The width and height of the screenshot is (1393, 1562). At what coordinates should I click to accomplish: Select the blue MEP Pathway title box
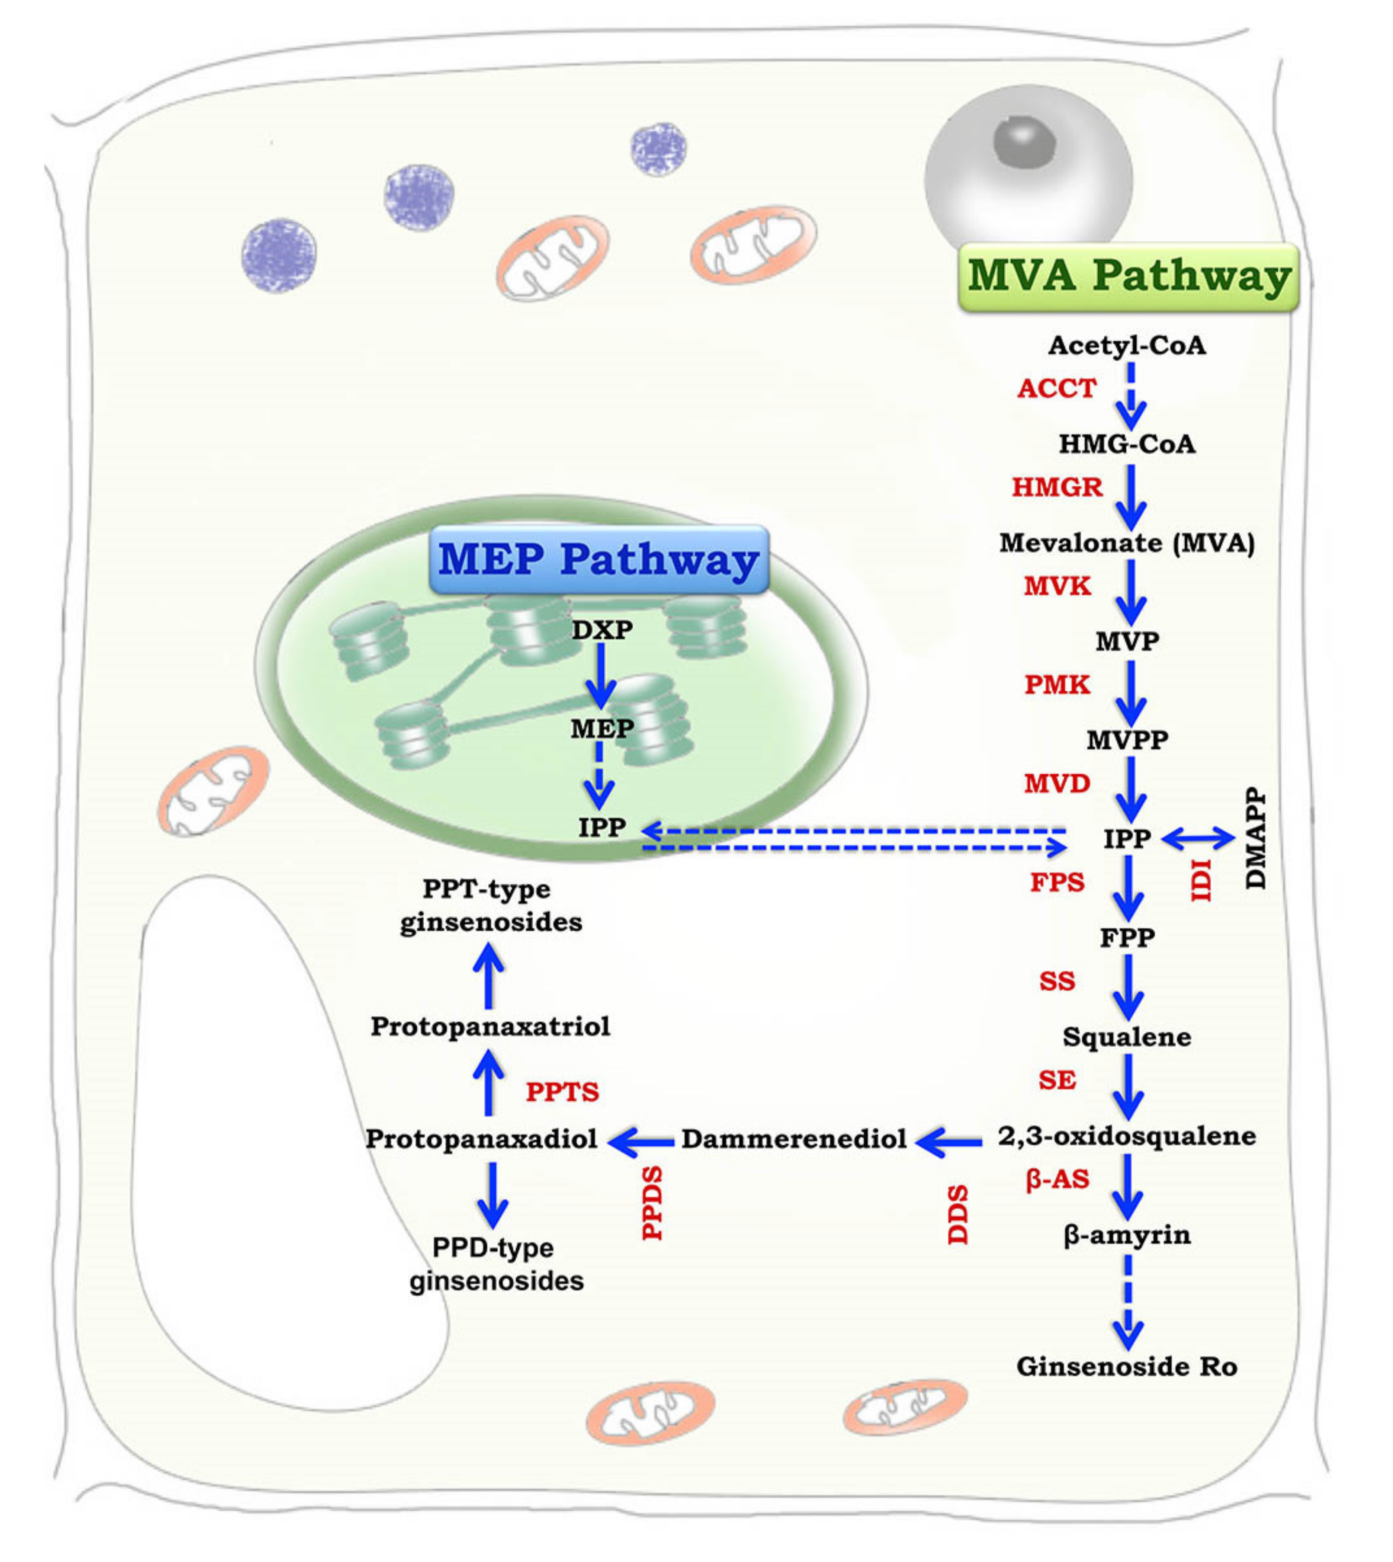(598, 560)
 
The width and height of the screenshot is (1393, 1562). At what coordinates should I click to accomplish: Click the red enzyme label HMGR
(1057, 487)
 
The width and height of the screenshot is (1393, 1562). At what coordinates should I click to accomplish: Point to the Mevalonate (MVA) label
(1127, 543)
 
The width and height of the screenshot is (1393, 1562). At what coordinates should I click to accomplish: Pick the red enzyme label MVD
(1057, 783)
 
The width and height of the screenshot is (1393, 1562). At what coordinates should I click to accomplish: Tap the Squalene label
(1127, 1037)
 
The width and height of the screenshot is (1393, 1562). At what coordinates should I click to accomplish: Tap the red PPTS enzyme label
(562, 1092)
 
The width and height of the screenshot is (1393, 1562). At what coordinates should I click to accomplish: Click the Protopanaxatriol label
(490, 1026)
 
